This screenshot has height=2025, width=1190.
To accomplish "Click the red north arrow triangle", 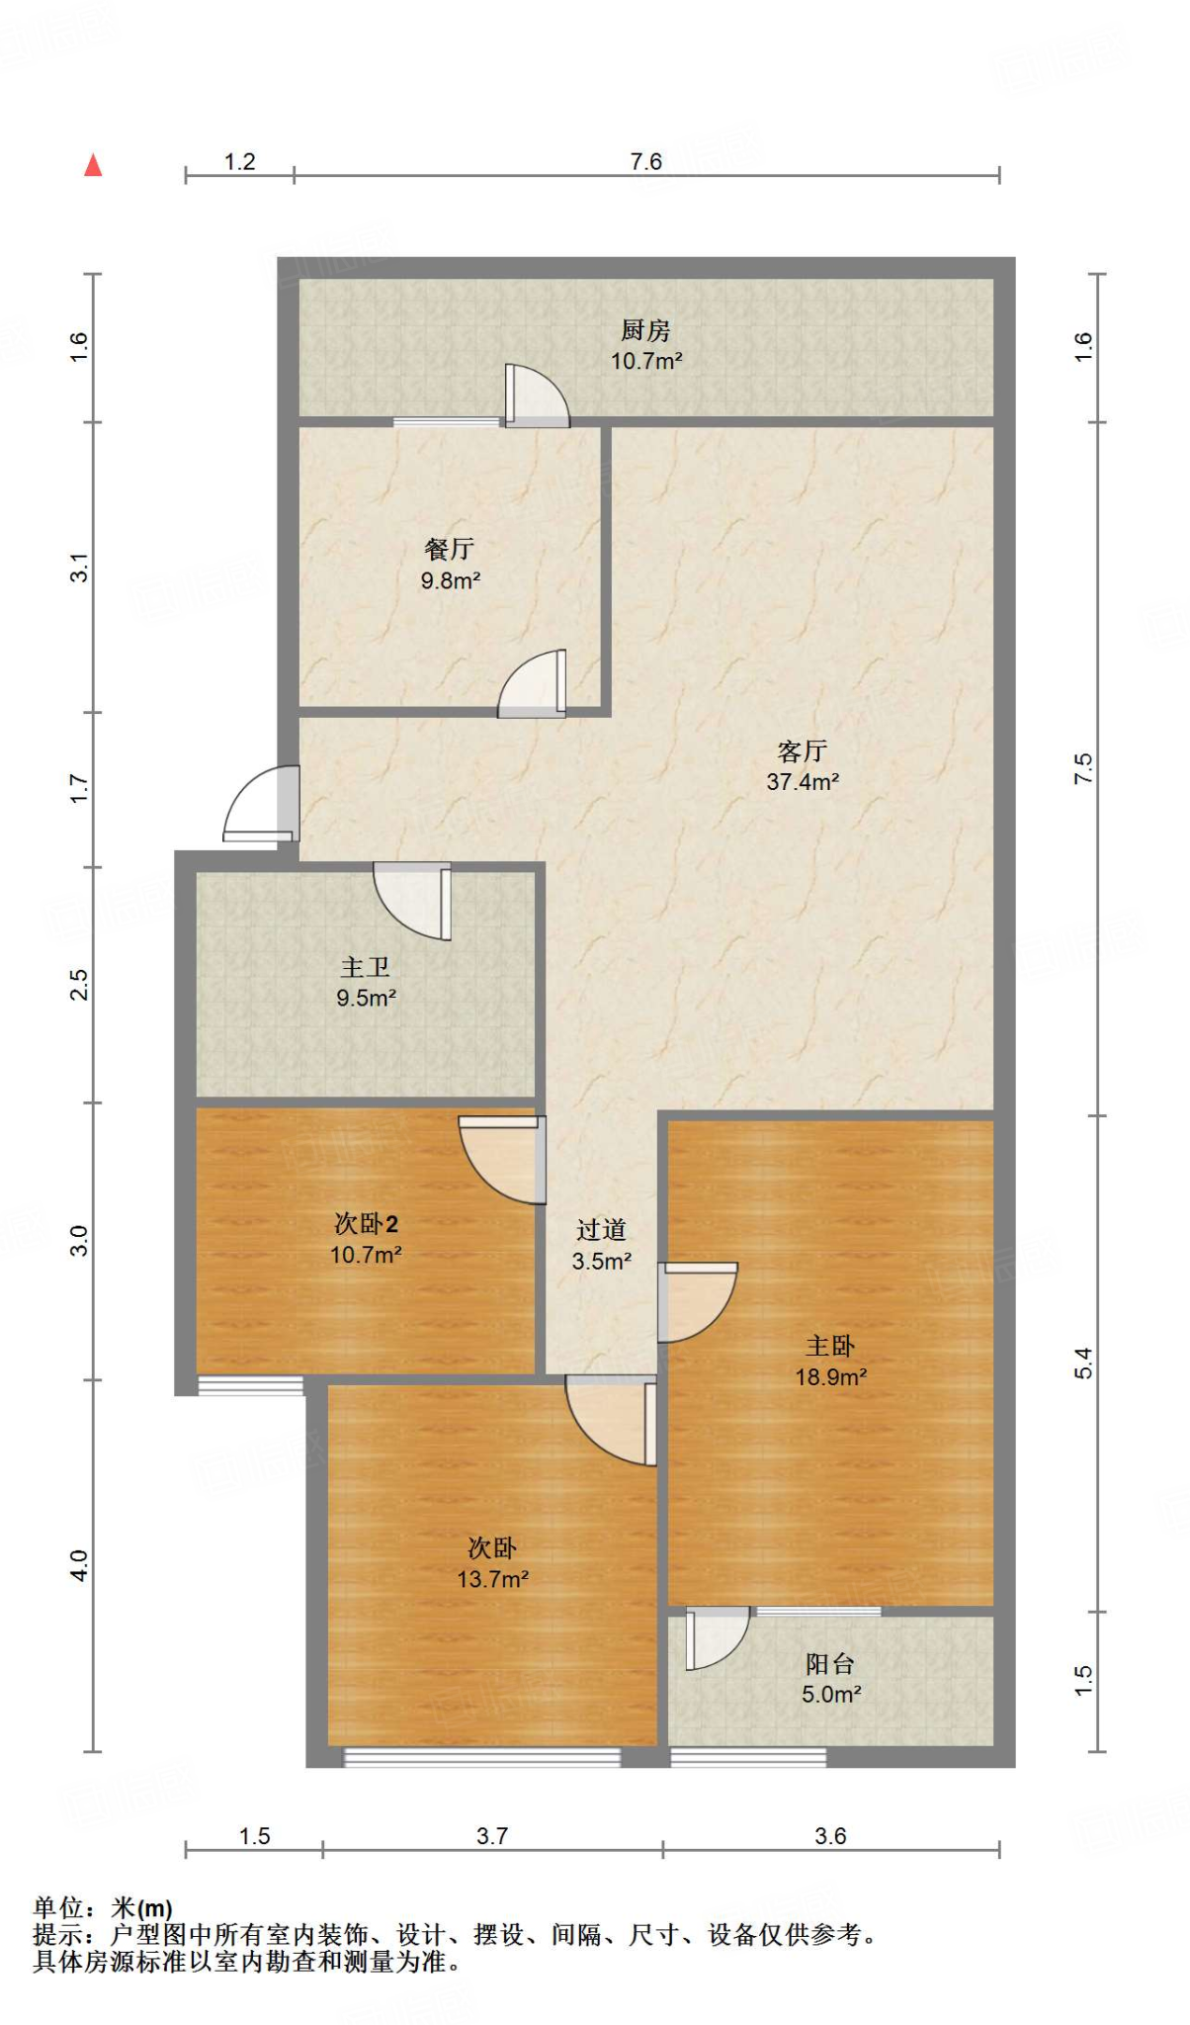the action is [x=93, y=165].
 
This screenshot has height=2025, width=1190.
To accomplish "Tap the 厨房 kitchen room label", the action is [x=645, y=330].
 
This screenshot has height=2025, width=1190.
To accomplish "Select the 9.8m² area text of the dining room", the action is [x=451, y=580].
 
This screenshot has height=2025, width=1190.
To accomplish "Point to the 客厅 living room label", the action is [x=802, y=751].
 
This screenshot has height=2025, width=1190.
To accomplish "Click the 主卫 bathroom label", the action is [x=366, y=967].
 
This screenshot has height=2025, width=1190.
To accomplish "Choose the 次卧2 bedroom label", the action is [x=366, y=1224].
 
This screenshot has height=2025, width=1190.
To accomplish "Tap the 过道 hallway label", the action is [x=601, y=1230].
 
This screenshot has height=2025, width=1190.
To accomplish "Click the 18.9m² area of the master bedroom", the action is [x=831, y=1376].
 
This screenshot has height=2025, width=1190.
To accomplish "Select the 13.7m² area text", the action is [x=492, y=1579].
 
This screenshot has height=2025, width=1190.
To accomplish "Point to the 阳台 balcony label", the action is [x=830, y=1664].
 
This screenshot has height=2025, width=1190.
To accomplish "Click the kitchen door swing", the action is [x=537, y=396].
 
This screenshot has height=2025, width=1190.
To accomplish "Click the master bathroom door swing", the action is [x=412, y=901].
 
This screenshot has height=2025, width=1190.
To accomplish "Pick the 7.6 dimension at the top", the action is [x=646, y=161].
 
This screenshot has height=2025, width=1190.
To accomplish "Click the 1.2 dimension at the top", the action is [x=239, y=161].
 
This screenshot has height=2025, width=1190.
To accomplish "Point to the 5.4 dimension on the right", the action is [x=1084, y=1364].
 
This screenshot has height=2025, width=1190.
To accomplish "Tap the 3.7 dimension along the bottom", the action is [x=492, y=1836].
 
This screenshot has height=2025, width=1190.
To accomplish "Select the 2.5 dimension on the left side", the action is [x=79, y=985].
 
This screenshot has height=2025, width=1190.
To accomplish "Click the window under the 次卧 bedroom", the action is [x=481, y=1757].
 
